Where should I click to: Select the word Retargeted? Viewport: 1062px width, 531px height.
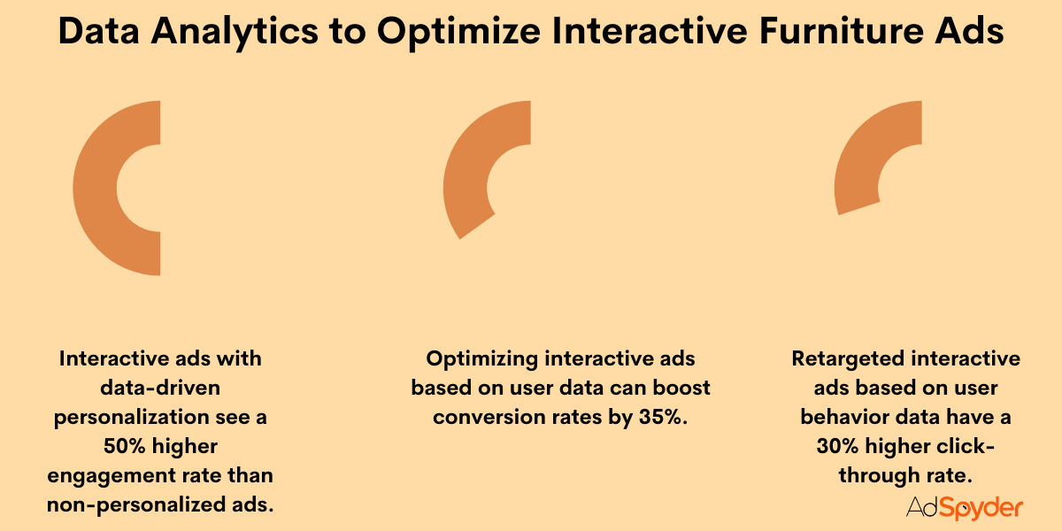(x=847, y=358)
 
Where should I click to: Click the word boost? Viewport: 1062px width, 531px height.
(x=681, y=388)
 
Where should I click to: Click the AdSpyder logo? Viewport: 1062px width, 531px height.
(x=964, y=507)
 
